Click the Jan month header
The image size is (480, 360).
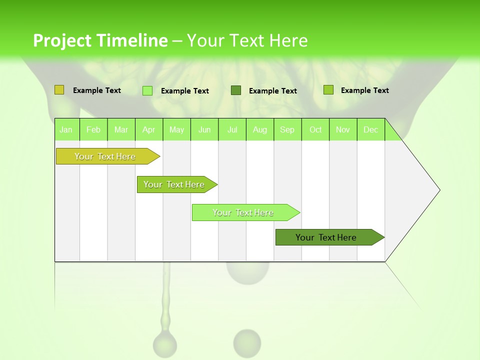66,129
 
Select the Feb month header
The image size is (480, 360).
93,129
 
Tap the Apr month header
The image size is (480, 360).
148,129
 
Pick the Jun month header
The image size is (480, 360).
204,129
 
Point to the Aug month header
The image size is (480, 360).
259,129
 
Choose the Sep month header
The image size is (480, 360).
287,129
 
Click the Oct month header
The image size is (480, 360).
315,129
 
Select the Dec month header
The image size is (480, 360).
370,129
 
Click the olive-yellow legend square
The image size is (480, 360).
59,90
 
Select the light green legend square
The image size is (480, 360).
147,90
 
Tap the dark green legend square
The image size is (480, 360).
236,90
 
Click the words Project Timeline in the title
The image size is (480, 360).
100,40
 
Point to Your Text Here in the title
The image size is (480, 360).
247,40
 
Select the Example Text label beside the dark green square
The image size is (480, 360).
272,91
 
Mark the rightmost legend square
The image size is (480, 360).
328,90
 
